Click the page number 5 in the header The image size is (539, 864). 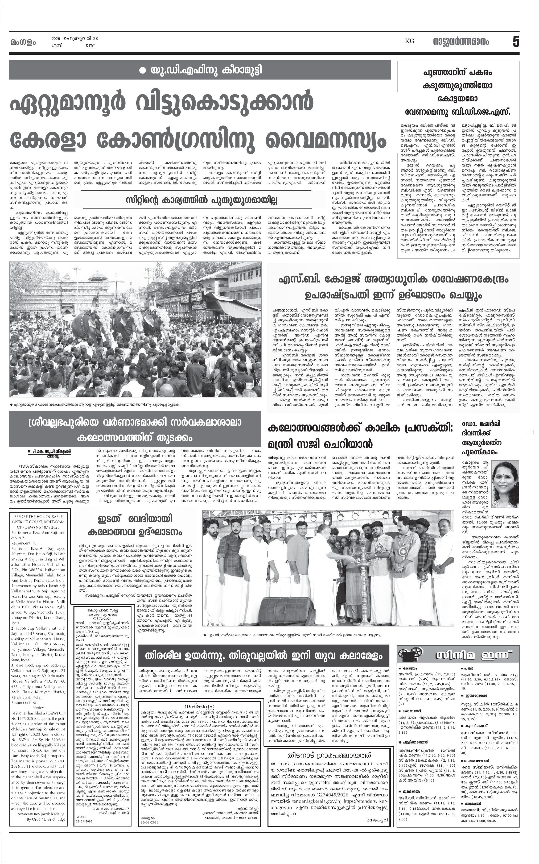tap(516, 42)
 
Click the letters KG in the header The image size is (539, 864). tap(409, 41)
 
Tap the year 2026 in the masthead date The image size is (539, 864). tap(56, 39)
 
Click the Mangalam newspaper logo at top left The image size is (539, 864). tap(23, 42)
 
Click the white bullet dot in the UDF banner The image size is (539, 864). tap(143, 70)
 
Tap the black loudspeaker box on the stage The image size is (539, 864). tap(282, 609)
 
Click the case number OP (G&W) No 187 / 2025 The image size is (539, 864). tap(38, 527)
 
